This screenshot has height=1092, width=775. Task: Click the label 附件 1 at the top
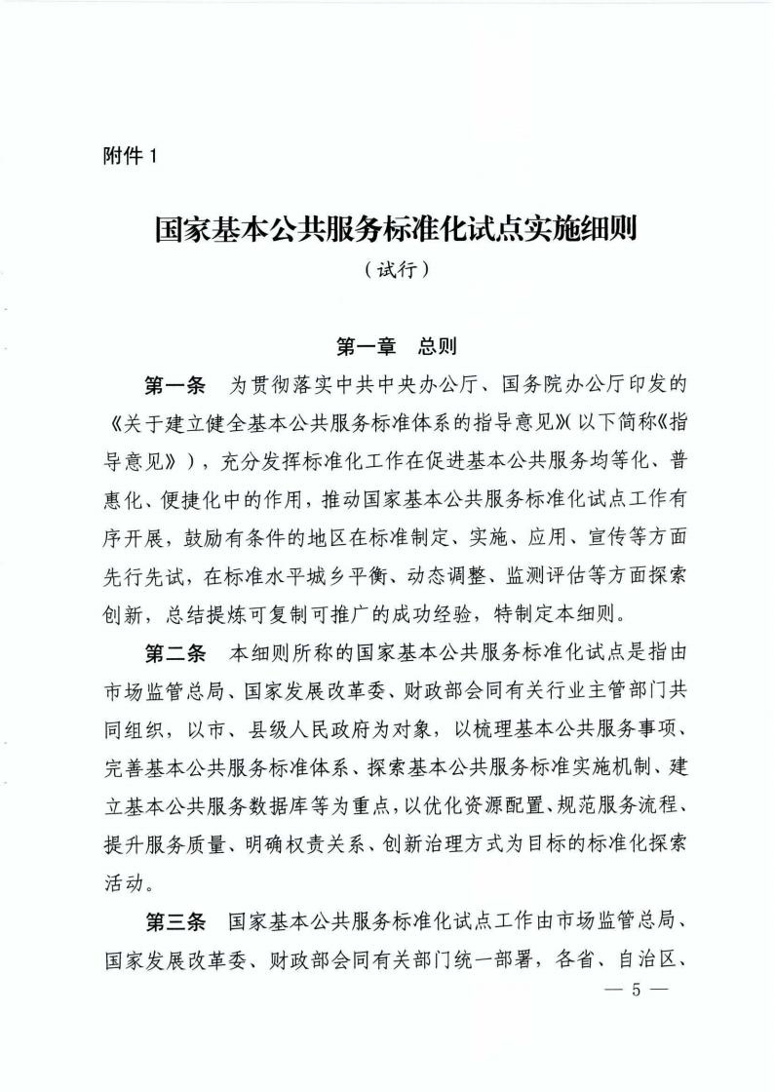pos(129,155)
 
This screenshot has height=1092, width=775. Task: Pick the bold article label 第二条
pos(174,650)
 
